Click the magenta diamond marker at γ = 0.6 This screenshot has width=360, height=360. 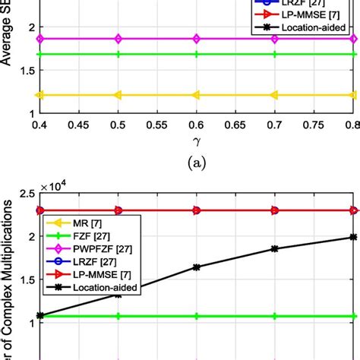click(196, 38)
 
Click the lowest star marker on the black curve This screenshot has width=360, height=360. click(39, 315)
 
